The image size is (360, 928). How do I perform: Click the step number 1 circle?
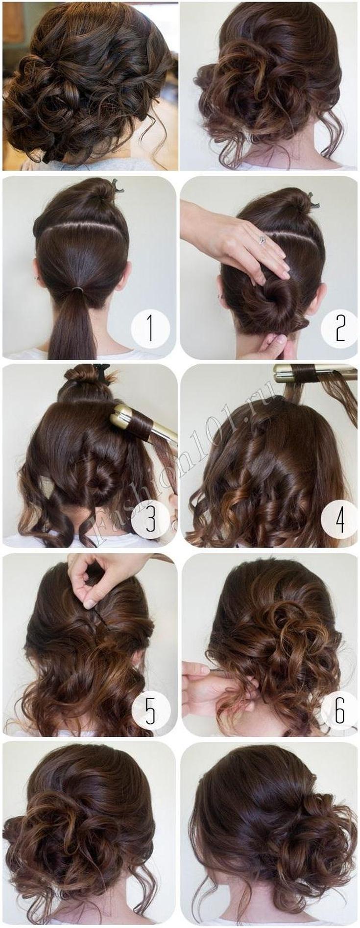(150, 329)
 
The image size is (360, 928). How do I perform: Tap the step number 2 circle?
(340, 329)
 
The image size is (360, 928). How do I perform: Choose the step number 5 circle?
(150, 710)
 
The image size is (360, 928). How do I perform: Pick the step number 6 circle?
(340, 710)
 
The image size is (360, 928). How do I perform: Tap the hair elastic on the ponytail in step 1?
(76, 290)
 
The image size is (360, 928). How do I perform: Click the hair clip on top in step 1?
(116, 187)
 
